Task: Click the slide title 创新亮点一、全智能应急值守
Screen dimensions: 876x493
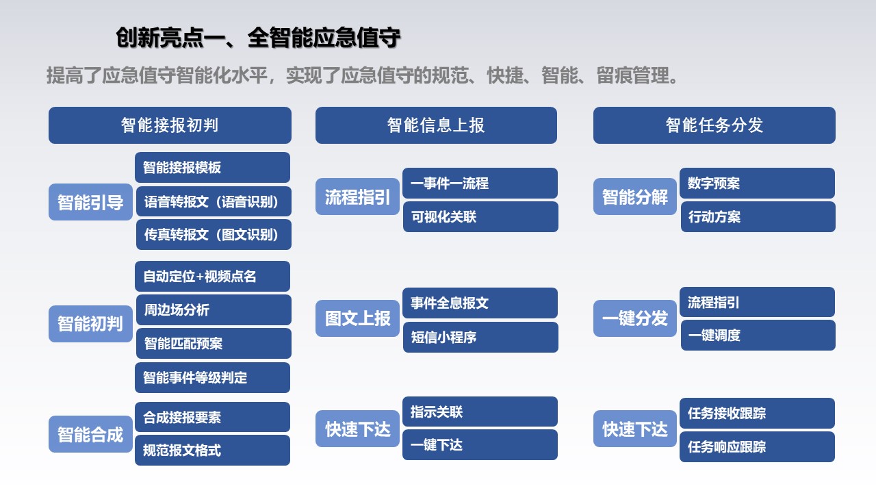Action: click(258, 38)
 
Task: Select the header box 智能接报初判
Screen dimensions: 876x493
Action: click(170, 125)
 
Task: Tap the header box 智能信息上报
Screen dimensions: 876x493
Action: click(436, 125)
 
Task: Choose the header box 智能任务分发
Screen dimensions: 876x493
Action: click(714, 125)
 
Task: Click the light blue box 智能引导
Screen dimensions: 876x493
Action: click(90, 202)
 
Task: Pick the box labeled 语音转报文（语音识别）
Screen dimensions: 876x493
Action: click(214, 201)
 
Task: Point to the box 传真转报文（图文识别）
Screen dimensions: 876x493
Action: click(214, 234)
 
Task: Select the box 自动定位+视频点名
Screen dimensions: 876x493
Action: click(212, 276)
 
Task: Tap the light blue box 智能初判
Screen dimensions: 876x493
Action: click(90, 324)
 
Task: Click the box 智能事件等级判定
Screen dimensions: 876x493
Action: click(212, 377)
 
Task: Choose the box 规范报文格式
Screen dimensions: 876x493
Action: click(212, 450)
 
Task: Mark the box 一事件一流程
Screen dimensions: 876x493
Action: click(480, 183)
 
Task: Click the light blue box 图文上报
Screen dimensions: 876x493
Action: click(357, 318)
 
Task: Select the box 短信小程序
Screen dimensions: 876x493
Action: click(480, 337)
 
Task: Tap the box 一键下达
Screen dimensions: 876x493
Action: click(480, 444)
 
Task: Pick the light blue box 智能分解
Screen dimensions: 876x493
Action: click(634, 197)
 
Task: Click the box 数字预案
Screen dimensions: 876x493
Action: click(757, 183)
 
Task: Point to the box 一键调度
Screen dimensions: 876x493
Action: click(758, 335)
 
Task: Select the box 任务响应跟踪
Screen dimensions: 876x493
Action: click(757, 447)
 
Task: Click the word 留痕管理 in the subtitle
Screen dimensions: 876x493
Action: click(633, 75)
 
